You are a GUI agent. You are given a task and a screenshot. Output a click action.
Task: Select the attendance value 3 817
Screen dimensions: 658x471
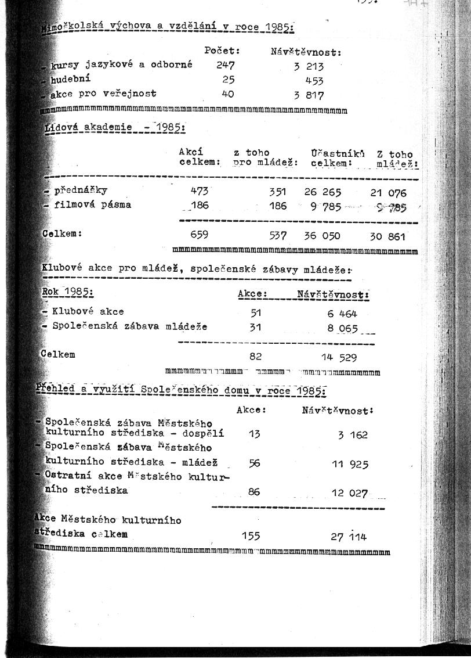click(309, 95)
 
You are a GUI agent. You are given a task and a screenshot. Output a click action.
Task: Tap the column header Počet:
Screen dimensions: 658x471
click(222, 51)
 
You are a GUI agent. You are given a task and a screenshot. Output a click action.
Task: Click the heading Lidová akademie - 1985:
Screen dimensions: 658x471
click(115, 127)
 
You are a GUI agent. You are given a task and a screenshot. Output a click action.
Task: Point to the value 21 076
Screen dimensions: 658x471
click(388, 193)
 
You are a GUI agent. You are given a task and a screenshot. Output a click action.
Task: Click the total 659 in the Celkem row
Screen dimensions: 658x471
click(200, 235)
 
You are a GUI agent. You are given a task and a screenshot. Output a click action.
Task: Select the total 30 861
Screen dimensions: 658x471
click(388, 236)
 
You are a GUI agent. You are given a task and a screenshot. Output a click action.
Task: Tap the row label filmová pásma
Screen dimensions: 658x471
click(92, 204)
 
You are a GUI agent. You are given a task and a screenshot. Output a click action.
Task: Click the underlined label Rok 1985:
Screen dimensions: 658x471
click(68, 292)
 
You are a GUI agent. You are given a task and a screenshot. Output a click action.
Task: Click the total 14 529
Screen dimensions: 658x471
click(339, 357)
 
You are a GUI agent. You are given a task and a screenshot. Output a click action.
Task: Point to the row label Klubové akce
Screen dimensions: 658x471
click(88, 312)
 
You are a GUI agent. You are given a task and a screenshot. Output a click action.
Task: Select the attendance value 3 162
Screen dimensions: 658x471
click(353, 434)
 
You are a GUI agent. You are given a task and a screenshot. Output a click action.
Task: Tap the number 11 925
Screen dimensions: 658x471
click(350, 464)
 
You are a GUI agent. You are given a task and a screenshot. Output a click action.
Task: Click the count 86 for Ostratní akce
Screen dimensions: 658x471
click(254, 492)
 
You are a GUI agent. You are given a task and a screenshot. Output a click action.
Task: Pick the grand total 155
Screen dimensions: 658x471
click(251, 536)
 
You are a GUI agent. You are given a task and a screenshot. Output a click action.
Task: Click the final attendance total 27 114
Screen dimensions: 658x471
click(349, 537)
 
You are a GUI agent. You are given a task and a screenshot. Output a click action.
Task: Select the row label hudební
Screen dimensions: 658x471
click(70, 78)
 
